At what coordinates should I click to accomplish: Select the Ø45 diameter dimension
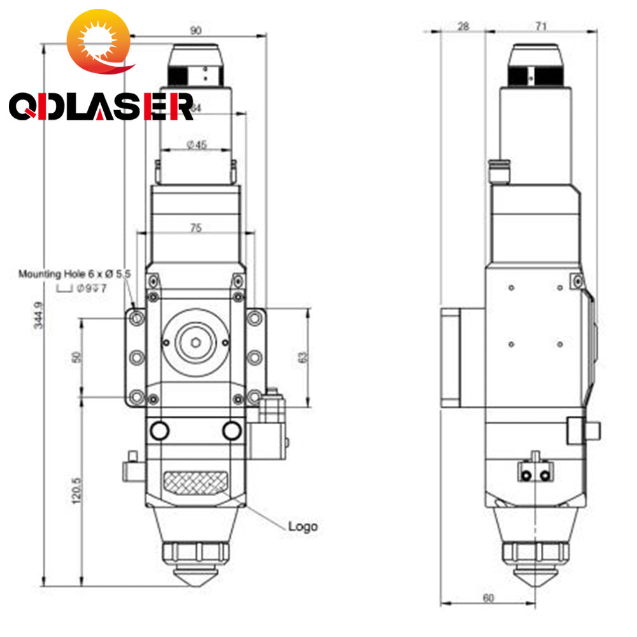(x=196, y=145)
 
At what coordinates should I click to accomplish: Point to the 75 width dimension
(x=196, y=227)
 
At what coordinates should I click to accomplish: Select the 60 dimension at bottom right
(x=487, y=598)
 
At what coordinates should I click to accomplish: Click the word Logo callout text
(x=303, y=526)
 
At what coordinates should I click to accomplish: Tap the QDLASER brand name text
(x=101, y=107)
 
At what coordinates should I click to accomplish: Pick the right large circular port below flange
(x=233, y=431)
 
